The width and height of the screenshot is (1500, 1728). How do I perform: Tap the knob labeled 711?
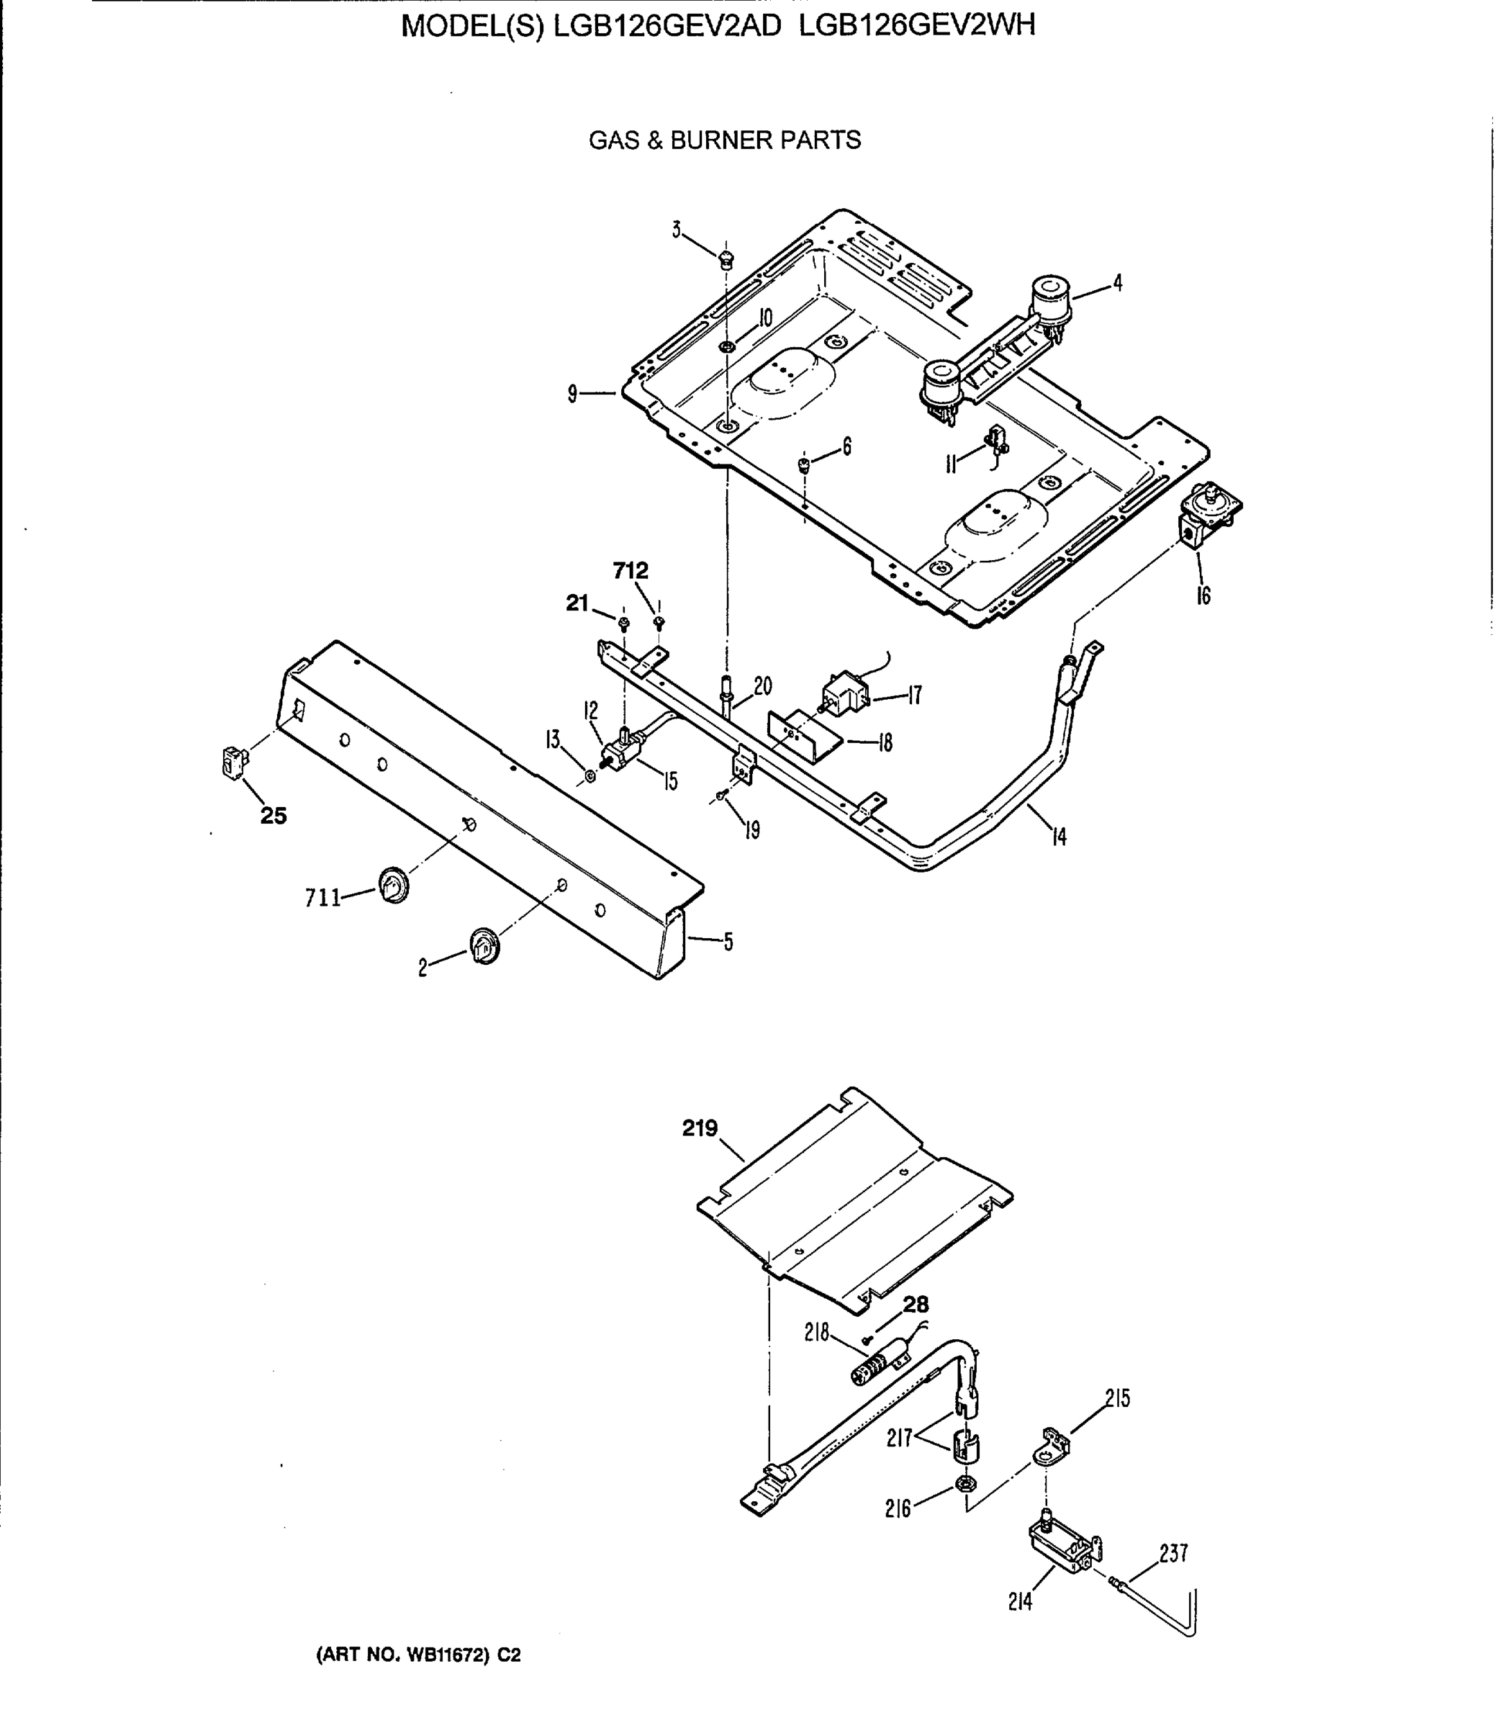pyautogui.click(x=392, y=885)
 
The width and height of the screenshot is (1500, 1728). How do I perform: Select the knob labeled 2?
pyautogui.click(x=483, y=946)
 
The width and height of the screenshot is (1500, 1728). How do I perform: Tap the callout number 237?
pyautogui.click(x=1173, y=1553)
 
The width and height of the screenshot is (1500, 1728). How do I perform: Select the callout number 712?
pyautogui.click(x=631, y=571)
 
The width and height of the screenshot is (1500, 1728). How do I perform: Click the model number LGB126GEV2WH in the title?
pyautogui.click(x=918, y=26)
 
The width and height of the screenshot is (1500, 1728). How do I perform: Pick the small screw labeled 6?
pyautogui.click(x=803, y=464)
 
